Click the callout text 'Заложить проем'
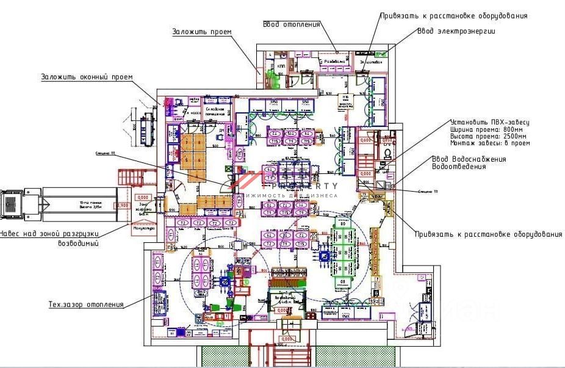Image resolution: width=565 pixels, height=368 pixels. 201,31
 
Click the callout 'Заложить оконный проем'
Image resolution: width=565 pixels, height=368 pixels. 87,77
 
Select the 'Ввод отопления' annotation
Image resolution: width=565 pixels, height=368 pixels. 292,24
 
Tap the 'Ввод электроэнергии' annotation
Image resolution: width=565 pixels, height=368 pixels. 456,31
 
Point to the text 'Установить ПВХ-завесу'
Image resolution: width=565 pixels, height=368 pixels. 489,123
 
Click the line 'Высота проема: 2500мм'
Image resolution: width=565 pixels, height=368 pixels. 489,136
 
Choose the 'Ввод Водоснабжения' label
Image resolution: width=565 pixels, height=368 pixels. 469,159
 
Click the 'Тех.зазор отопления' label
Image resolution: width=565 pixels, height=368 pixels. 86,304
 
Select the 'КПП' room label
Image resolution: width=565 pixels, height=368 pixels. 281,65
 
